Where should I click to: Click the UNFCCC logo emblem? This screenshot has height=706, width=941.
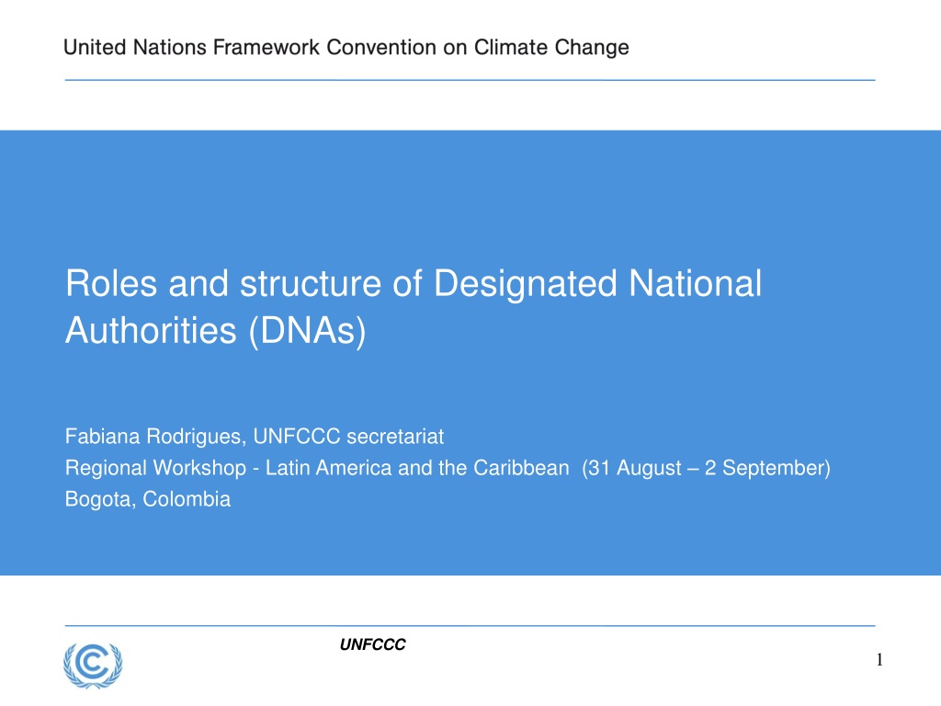tap(93, 666)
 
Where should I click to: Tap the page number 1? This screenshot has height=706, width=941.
tap(879, 660)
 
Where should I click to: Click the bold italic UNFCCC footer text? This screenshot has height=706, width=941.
tap(373, 644)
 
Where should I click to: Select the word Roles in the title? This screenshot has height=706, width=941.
tap(111, 283)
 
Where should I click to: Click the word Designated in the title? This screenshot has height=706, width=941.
tap(525, 284)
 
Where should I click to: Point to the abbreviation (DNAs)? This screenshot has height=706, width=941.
tap(307, 331)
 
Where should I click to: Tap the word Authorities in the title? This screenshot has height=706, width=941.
tap(152, 330)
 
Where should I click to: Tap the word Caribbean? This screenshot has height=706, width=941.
tap(521, 468)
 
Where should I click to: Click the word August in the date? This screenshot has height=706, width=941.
tap(649, 469)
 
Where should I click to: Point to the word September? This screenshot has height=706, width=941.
tap(774, 469)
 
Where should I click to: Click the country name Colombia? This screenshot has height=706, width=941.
tap(187, 499)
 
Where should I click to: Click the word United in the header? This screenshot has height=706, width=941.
tap(95, 48)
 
